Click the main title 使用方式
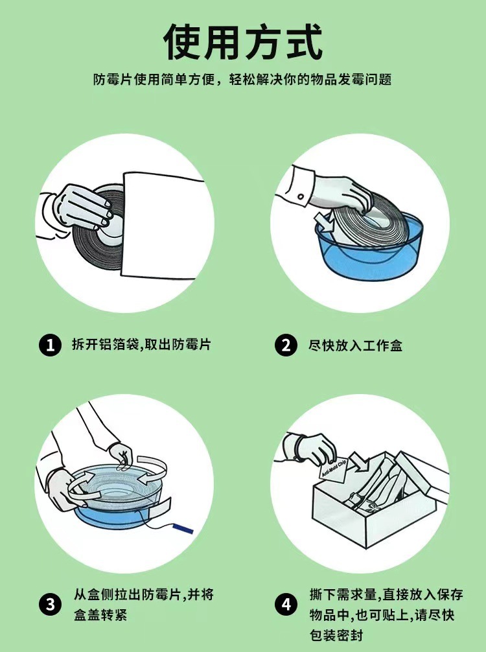(243, 42)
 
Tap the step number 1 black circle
(51, 345)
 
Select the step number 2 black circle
(286, 345)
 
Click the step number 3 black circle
(51, 604)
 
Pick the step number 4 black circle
(286, 604)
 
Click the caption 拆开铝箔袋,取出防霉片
(141, 344)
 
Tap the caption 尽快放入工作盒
(356, 345)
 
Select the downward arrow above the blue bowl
(325, 223)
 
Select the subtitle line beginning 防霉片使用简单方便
(242, 79)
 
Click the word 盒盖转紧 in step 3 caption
(100, 615)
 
